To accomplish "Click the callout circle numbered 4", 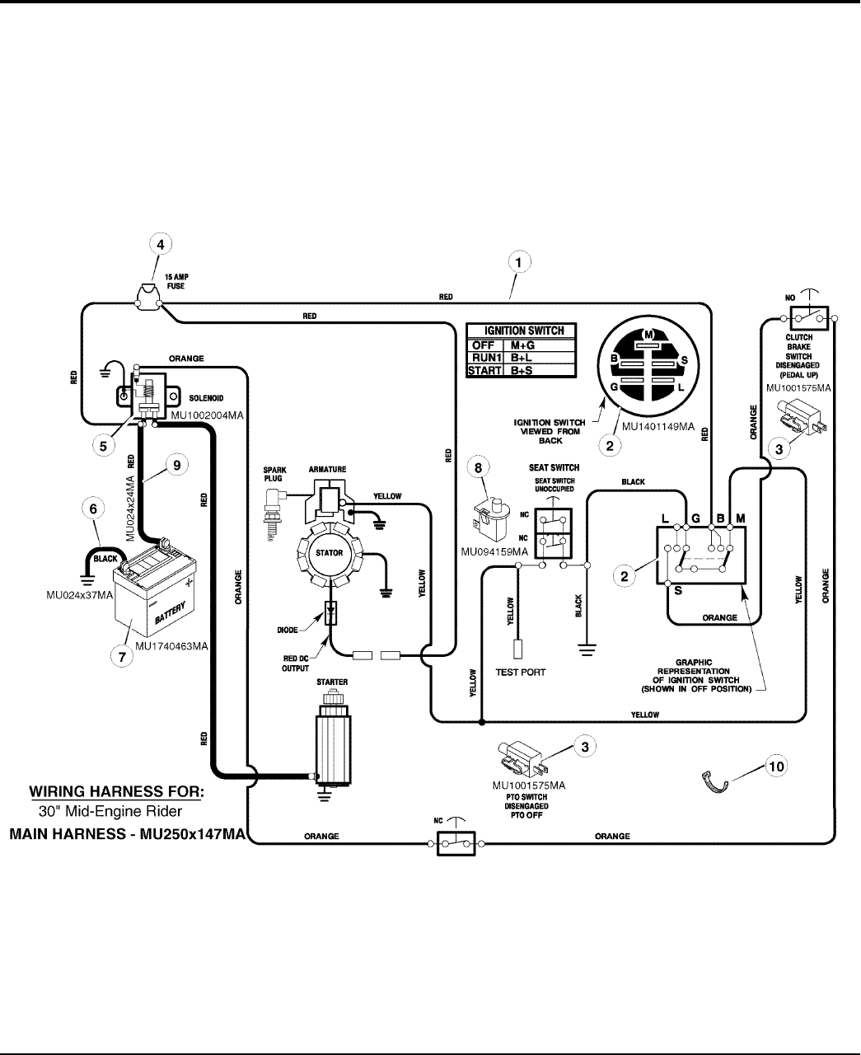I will point(161,244).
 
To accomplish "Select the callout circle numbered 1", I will point(518,263).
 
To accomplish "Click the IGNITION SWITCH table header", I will point(521,331).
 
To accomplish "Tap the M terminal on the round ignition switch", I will point(648,334).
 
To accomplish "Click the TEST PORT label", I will point(520,672).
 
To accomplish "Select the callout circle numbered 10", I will point(774,766).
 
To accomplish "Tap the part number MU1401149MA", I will point(659,428).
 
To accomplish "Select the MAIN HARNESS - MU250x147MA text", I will point(127,835).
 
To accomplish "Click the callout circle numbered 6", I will point(97,510).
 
